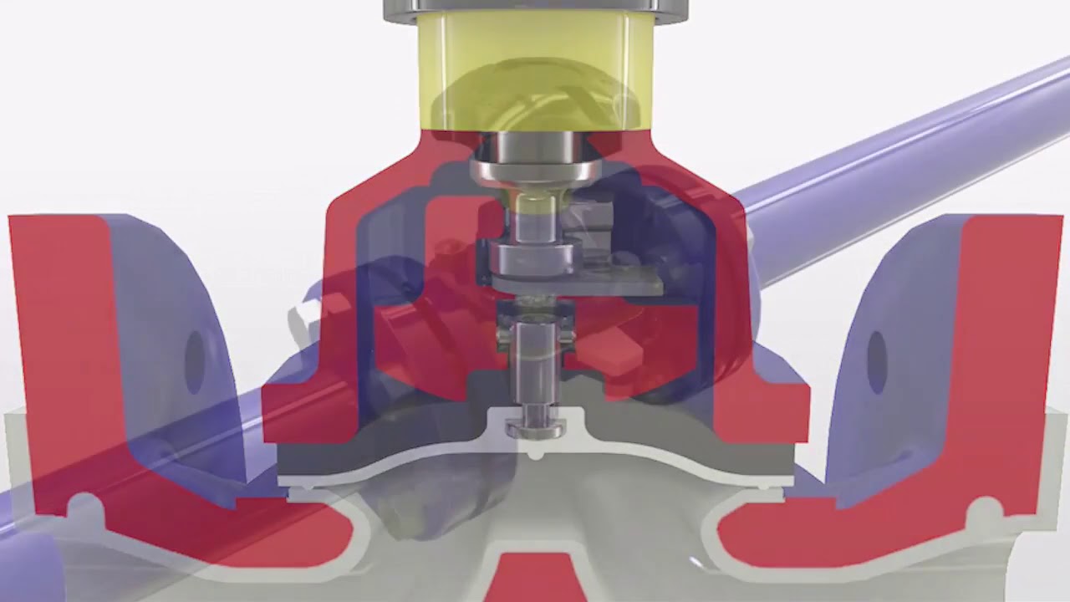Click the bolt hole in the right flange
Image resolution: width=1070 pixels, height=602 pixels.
pos(876,362)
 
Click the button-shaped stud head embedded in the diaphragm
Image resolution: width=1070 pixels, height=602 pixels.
pos(535,427)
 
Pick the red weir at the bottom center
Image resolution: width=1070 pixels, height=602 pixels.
pos(535,577)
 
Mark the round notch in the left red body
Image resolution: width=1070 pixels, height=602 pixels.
pos(83,507)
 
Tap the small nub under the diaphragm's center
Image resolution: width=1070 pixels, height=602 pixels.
pos(536,456)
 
